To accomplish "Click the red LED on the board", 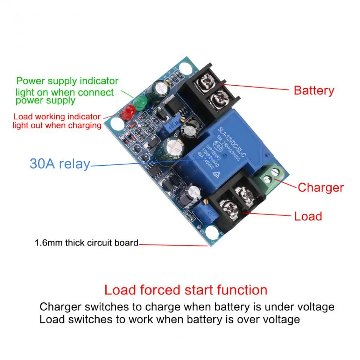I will [x=129, y=111].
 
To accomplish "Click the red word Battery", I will [x=314, y=91].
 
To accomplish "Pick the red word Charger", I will [x=320, y=188].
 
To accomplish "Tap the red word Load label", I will [x=308, y=216].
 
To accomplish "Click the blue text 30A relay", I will [x=60, y=164].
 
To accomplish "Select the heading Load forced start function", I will [x=186, y=290].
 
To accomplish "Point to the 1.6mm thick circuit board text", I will [x=86, y=243].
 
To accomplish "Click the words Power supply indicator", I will [x=67, y=81].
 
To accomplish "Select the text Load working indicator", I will [x=57, y=117].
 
